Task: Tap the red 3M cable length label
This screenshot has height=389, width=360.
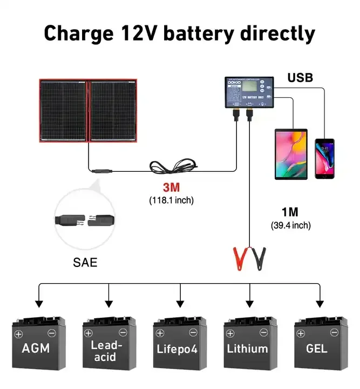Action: [171, 189]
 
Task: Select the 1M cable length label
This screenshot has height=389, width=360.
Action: [290, 212]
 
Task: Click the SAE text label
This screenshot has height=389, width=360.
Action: [86, 263]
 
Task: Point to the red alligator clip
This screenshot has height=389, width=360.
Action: [240, 258]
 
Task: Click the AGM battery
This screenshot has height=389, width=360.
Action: [39, 346]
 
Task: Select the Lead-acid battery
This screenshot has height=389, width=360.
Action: [109, 346]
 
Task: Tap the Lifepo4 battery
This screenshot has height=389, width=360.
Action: [180, 346]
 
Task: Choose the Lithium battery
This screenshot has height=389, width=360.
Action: [250, 346]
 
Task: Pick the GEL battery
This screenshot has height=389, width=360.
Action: [321, 346]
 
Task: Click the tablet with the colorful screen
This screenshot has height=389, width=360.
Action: [290, 154]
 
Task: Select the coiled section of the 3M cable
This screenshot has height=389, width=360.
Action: [172, 165]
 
